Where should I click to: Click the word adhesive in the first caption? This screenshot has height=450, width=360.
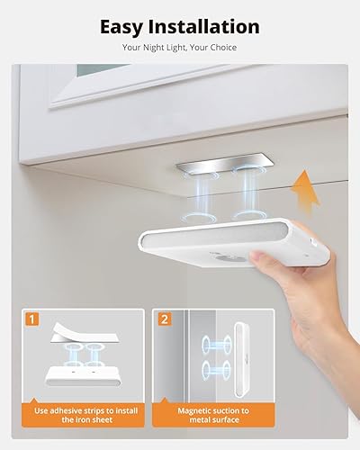click(80, 411)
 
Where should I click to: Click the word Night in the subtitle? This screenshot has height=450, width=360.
click(156, 47)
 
